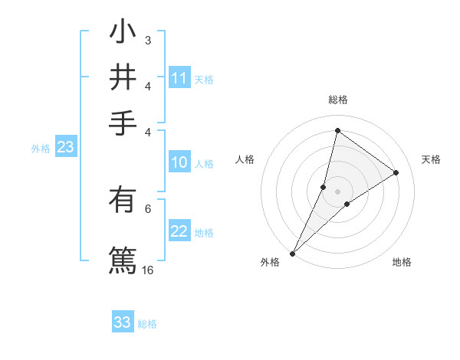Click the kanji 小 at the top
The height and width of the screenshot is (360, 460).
click(123, 34)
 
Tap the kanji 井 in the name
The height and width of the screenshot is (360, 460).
click(123, 77)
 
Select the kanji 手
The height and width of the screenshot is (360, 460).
click(123, 120)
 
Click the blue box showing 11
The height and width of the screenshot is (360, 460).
click(179, 78)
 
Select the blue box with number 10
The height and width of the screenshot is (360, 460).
click(179, 162)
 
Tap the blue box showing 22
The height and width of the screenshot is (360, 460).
click(179, 232)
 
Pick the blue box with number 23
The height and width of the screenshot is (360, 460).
click(65, 148)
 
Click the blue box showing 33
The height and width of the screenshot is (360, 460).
click(123, 322)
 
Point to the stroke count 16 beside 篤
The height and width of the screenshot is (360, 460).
click(148, 270)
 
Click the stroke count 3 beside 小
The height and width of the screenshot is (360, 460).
click(147, 40)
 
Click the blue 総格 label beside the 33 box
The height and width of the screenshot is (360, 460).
click(147, 324)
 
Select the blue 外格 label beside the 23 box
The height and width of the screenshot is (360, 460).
click(41, 149)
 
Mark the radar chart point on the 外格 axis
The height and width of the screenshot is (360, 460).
click(292, 253)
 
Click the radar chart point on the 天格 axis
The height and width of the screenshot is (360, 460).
click(396, 172)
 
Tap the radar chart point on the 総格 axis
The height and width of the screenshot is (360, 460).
click(337, 130)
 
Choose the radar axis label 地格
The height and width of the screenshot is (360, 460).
click(402, 263)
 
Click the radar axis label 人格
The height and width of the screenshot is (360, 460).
click(245, 159)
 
